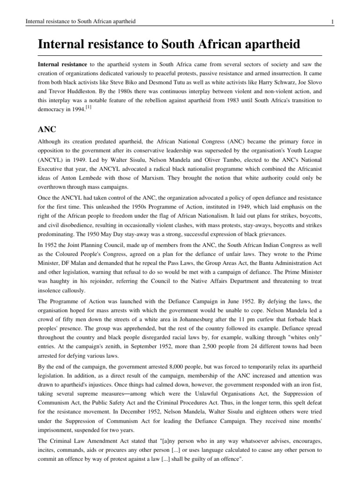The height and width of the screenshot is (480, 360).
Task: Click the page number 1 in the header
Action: [332, 22]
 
